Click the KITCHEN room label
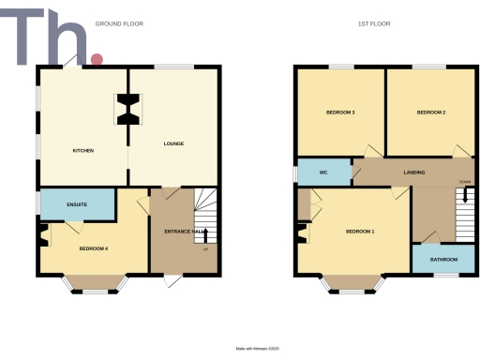point(83,150)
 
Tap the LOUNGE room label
point(173,143)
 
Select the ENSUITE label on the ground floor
point(77,203)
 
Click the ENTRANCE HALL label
point(184,231)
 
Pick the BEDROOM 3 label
point(339,112)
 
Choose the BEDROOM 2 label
point(430,112)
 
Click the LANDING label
point(414,172)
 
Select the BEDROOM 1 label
point(360,231)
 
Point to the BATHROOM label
point(443,259)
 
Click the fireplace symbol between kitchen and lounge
point(128,110)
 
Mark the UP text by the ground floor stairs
point(204,248)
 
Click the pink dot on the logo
point(96,60)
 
